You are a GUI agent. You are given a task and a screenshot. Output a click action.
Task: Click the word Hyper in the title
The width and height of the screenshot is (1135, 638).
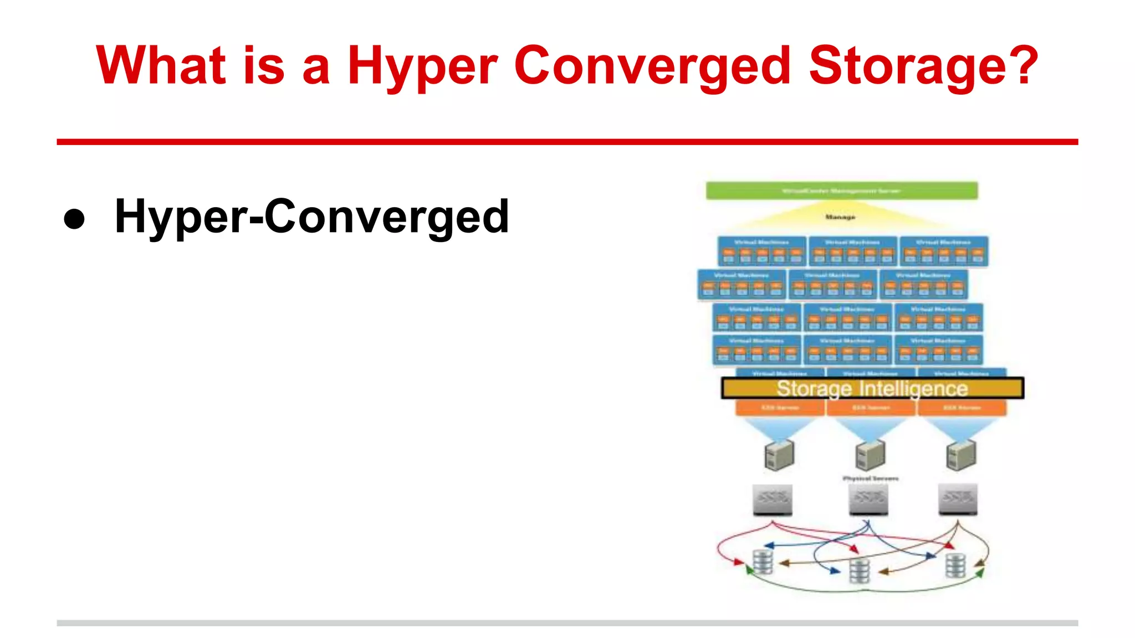point(422,66)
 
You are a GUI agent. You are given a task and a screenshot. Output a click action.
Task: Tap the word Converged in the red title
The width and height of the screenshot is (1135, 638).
point(652,66)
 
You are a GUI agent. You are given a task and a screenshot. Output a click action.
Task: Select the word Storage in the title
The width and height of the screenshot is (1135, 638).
point(894,66)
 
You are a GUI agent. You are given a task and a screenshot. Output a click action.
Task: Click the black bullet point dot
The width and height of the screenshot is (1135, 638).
point(74,219)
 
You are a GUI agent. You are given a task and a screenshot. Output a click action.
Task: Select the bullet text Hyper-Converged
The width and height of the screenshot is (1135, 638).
point(311,217)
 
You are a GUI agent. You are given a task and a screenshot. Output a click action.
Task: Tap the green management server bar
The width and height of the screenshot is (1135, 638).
point(841,191)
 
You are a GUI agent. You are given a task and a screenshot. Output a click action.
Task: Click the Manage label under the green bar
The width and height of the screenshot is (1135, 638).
point(840,217)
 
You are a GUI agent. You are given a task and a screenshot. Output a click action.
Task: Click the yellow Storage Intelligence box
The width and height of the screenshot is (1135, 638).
point(872,388)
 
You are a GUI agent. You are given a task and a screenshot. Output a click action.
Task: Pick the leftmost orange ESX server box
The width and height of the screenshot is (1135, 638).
point(780,408)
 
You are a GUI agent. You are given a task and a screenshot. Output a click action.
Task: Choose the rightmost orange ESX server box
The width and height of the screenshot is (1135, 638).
point(962,408)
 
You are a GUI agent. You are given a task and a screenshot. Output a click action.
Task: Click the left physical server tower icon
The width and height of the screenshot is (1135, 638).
point(779,455)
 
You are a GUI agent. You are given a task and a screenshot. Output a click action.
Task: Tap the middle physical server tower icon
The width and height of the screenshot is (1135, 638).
point(870,455)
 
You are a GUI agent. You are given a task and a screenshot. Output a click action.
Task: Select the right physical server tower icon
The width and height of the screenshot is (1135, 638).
point(960,455)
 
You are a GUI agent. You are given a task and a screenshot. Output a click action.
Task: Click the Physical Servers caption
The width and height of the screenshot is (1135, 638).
point(871,478)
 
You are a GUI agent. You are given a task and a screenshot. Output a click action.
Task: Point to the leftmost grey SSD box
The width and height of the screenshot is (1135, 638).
point(772,499)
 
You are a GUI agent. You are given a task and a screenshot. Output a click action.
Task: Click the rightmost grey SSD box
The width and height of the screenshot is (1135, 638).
point(958,499)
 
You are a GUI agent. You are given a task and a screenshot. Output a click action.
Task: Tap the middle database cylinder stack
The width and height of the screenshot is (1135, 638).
point(860,571)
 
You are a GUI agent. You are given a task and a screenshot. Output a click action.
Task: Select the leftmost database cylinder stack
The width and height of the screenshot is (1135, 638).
point(763,562)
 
